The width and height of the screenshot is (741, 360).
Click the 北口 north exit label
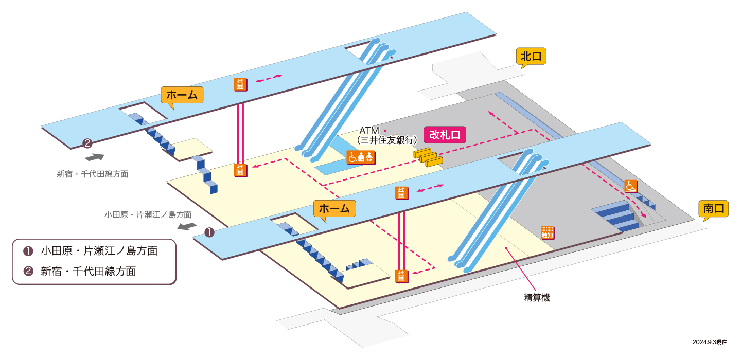[531, 56]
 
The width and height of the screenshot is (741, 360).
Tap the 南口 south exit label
[714, 209]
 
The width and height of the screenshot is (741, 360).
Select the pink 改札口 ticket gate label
[445, 135]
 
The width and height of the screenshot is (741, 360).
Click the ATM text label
[369, 131]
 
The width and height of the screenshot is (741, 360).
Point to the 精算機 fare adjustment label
[537, 298]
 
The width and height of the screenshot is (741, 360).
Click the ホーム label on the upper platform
[182, 95]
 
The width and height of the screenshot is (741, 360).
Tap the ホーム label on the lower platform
[334, 209]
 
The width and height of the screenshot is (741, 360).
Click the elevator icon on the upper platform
[240, 84]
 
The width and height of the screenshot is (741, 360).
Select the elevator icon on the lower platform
[401, 193]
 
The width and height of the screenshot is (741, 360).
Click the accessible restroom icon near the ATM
[361, 157]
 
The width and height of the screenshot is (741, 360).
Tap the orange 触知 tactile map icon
[548, 233]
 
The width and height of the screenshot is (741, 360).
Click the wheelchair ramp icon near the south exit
[631, 186]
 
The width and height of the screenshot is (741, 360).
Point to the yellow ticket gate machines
[428, 157]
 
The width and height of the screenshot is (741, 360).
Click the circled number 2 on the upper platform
[87, 143]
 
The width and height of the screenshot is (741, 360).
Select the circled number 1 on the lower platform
[209, 232]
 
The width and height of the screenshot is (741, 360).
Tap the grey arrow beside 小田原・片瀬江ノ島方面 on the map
[187, 226]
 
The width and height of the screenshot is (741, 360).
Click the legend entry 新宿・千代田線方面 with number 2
[80, 272]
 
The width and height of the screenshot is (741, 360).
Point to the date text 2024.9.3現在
[710, 342]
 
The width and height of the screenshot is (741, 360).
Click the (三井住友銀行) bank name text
[387, 140]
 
